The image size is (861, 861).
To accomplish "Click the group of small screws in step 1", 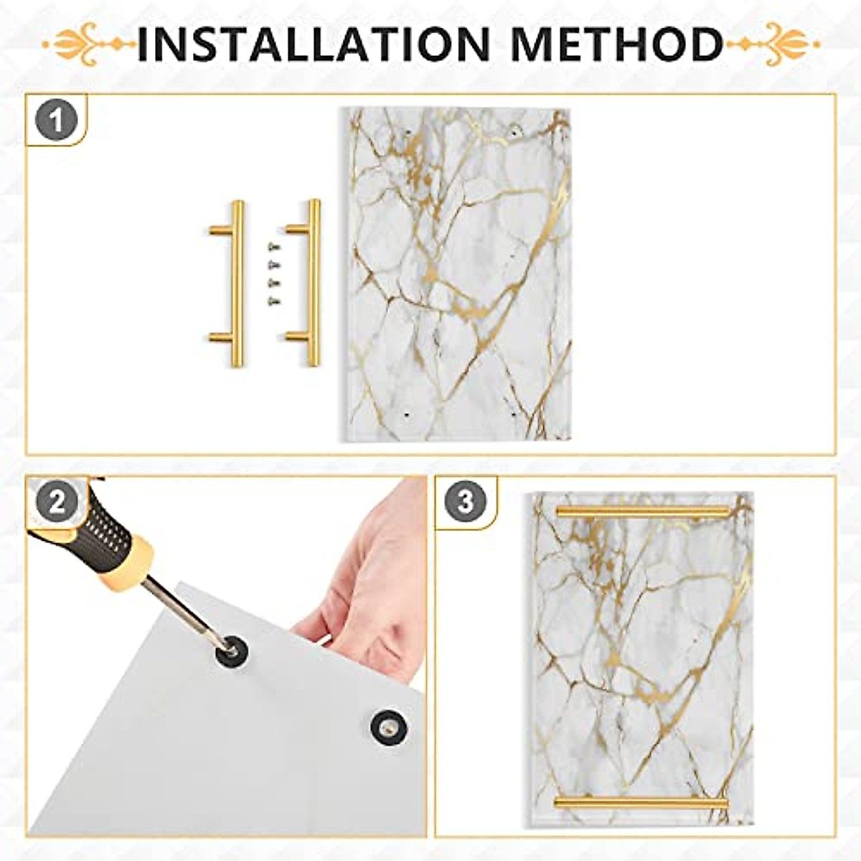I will [273, 273].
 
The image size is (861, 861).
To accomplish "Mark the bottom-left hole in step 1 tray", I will [407, 414].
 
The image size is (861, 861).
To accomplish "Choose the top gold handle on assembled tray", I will [642, 511].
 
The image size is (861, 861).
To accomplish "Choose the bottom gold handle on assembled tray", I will [641, 802].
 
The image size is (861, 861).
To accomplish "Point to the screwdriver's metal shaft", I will [183, 608].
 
